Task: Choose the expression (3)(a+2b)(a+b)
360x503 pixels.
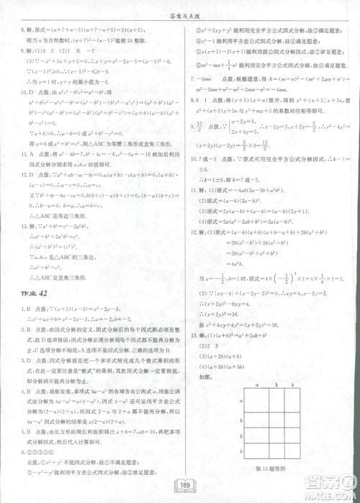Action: coord(216,355)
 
